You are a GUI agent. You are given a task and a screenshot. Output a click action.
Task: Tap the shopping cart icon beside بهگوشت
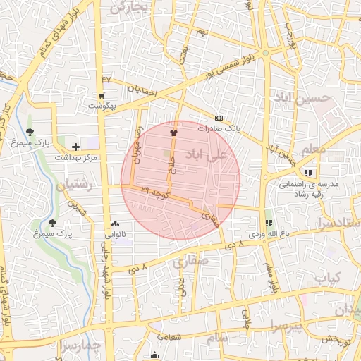click(102, 96)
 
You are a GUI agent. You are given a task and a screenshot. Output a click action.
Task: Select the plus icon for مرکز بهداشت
click(75, 146)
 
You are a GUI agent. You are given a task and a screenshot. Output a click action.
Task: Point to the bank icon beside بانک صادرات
click(219, 118)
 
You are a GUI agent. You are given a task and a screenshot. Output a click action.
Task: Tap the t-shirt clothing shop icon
click(173, 132)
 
